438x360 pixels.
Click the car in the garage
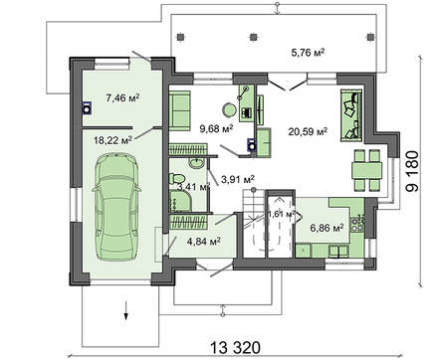point(116,207)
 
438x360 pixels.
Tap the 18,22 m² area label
point(112,140)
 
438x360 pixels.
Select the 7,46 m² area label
point(122,97)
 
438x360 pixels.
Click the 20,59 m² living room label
point(308,132)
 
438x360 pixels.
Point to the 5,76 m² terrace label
point(308,53)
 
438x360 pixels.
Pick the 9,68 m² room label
point(216,128)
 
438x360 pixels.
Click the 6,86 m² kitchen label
point(327,228)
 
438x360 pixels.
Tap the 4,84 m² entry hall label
point(204,242)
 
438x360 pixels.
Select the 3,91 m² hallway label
point(238,180)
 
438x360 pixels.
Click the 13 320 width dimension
point(236,348)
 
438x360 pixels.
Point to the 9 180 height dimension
point(413,171)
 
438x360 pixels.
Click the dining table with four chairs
point(367,170)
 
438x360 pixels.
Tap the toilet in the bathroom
point(176,178)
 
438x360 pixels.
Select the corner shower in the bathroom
point(180,200)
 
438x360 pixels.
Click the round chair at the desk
point(229,109)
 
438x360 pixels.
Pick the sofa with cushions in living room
point(351,115)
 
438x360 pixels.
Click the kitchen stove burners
point(357,224)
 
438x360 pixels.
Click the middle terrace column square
point(254,37)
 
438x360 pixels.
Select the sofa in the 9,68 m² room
point(179,109)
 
